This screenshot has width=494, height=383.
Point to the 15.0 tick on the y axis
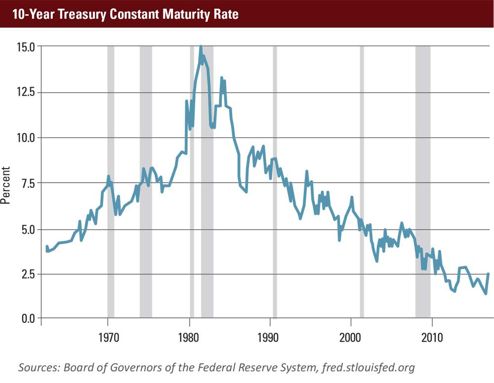pyautogui.click(x=25, y=47)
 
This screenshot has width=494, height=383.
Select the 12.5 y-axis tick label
pyautogui.click(x=25, y=92)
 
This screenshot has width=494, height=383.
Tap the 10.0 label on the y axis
pyautogui.click(x=25, y=138)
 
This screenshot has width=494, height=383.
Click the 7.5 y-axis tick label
pyautogui.click(x=27, y=183)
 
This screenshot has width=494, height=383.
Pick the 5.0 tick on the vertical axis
pyautogui.click(x=27, y=229)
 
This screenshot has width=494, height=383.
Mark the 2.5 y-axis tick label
pyautogui.click(x=27, y=274)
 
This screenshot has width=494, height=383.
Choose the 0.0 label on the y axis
pyautogui.click(x=27, y=318)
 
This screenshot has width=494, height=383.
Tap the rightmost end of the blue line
pyautogui.click(x=488, y=274)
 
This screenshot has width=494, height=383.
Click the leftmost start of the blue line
pyautogui.click(x=47, y=247)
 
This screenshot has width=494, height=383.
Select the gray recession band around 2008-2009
pyautogui.click(x=422, y=182)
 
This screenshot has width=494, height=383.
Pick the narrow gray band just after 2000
pyautogui.click(x=362, y=182)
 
